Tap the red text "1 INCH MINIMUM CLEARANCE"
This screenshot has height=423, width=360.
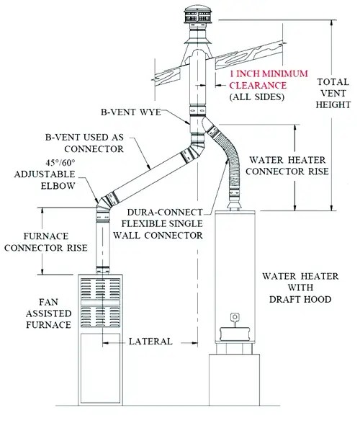click(260, 81)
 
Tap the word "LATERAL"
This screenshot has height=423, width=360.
click(151, 342)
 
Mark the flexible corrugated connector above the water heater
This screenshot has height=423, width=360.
click(229, 162)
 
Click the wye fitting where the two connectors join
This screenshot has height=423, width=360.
click(197, 130)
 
